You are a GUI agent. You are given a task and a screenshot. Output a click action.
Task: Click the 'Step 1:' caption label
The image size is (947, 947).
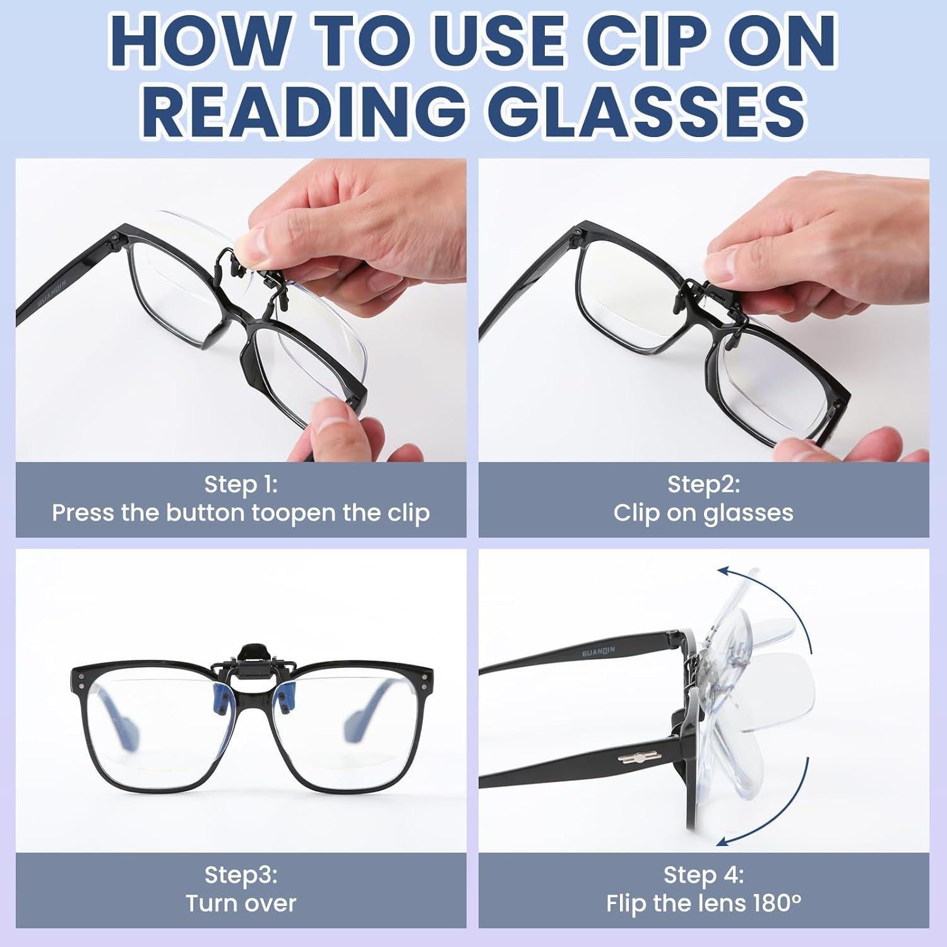241,484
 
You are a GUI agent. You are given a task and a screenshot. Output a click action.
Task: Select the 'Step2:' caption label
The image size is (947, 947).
703,484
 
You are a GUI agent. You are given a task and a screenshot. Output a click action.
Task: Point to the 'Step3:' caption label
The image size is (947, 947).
241,875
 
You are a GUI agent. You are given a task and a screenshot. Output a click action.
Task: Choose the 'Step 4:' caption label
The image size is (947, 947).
703,875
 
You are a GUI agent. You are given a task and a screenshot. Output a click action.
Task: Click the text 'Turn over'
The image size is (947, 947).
241,903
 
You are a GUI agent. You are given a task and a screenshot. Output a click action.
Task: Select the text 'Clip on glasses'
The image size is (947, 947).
703,513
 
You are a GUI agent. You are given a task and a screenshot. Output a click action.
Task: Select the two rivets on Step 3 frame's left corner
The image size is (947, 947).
81,680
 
